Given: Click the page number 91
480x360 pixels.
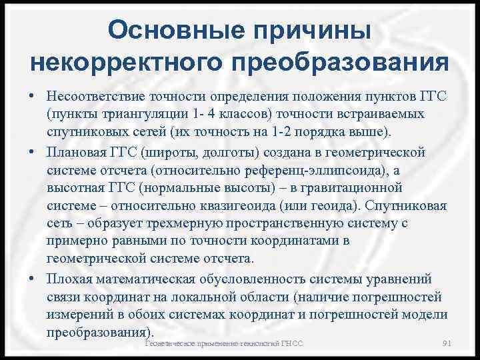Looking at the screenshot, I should (x=447, y=343).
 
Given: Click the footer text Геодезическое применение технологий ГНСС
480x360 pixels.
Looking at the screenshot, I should (x=224, y=343).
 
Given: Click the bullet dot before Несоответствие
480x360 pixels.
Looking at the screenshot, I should (x=33, y=99).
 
